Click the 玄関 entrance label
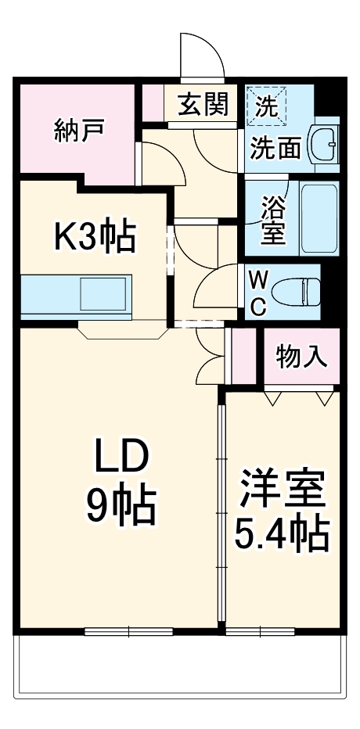click(202, 104)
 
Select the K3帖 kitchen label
click(94, 235)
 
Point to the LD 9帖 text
click(121, 483)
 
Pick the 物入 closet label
click(301, 357)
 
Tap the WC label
click(257, 293)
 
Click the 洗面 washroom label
click(275, 148)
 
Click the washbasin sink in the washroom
click(323, 143)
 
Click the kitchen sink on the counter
click(102, 294)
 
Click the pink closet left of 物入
click(244, 356)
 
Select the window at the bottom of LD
click(128, 630)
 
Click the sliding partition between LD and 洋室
click(221, 508)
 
